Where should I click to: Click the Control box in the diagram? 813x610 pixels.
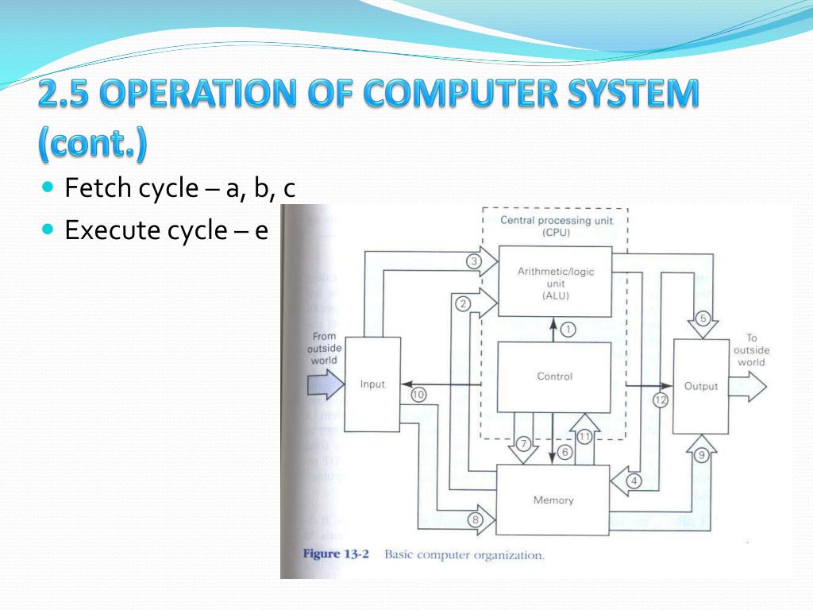coord(554,376)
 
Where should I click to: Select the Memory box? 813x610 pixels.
coord(553,500)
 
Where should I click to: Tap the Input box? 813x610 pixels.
coord(372,384)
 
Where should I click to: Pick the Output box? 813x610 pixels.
coord(700,386)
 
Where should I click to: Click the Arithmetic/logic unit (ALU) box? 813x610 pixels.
coord(555,282)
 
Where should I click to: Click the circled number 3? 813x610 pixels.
coord(474,261)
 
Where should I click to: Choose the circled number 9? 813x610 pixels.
coord(701,455)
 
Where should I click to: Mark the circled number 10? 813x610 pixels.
coord(418,394)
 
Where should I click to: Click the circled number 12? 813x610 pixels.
coord(661,400)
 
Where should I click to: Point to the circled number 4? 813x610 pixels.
coord(633,481)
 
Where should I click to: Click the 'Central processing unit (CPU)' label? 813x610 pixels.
coord(556,226)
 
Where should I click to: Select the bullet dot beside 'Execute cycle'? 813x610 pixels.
coord(48,230)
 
